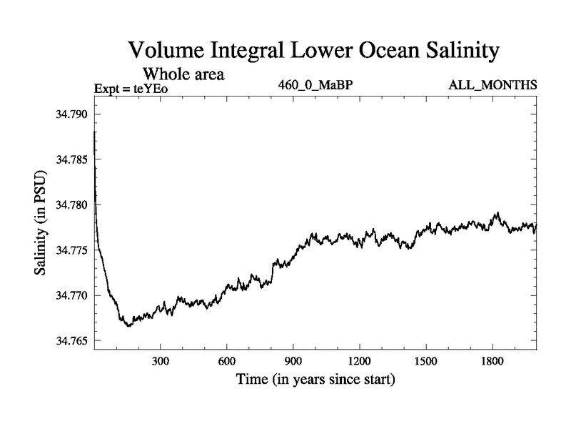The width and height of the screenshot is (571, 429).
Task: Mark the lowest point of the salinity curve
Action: point(128,326)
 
